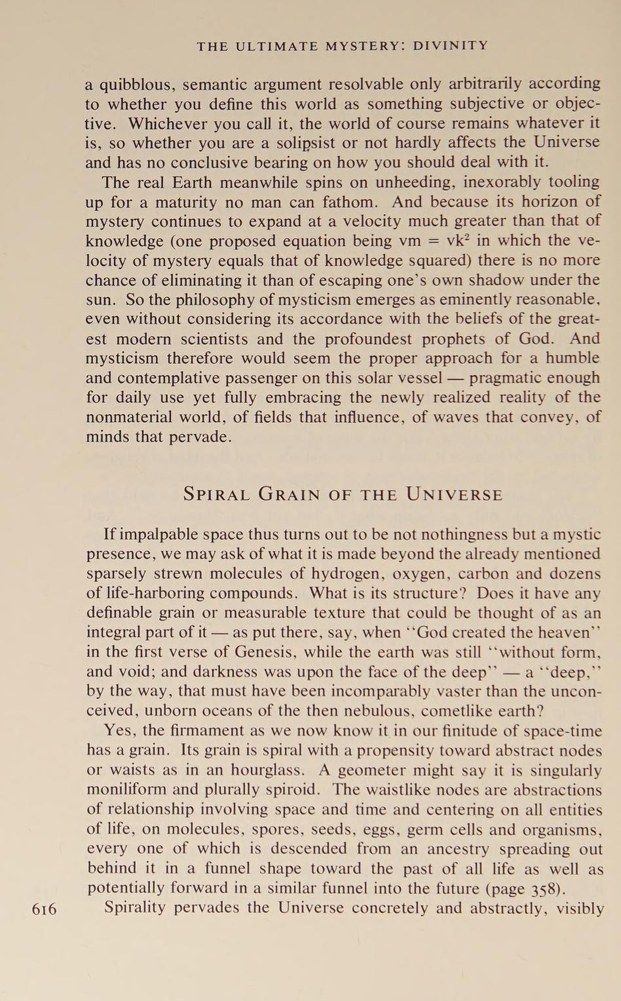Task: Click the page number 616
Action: pyautogui.click(x=45, y=909)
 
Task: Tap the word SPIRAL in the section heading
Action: pyautogui.click(x=216, y=494)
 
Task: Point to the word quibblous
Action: pyautogui.click(x=136, y=85)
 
